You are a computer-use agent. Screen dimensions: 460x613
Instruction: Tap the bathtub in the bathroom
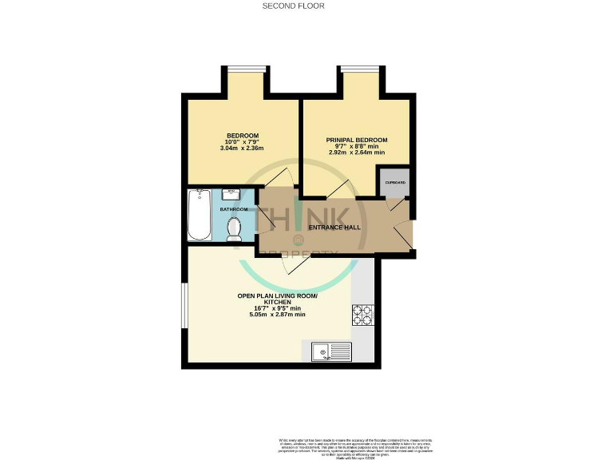tap(198, 214)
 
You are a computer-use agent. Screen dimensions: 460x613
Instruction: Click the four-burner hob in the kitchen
tap(363, 315)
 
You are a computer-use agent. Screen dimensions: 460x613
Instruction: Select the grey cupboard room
tap(395, 183)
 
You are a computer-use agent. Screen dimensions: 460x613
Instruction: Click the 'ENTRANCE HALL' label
tap(334, 228)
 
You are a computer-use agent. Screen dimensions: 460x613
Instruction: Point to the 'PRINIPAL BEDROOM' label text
tap(356, 140)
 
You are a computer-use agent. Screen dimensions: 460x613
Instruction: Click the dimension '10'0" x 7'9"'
tap(242, 141)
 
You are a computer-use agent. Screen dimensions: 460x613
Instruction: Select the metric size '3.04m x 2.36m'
tap(242, 149)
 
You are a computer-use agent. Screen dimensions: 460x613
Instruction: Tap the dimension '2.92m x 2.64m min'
tap(356, 152)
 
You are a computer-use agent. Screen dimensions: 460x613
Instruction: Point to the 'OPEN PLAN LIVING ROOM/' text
tap(277, 296)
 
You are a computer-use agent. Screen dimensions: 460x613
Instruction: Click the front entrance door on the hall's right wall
tap(410, 232)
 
